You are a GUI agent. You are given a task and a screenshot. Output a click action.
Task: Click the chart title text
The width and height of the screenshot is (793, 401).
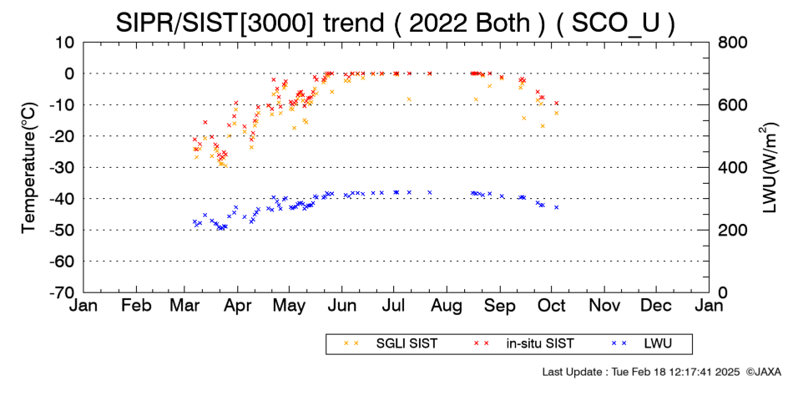[396, 23]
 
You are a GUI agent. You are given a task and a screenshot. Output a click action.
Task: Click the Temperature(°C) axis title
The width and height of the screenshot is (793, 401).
[29, 168]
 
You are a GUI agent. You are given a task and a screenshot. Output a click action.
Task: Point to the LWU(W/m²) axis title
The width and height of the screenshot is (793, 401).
[770, 168]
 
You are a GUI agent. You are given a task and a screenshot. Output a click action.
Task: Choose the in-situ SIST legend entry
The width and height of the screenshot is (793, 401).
[524, 343]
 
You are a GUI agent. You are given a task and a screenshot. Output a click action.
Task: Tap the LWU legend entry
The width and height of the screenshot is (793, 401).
[642, 343]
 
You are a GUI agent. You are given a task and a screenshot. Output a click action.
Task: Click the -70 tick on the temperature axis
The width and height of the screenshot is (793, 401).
[61, 292]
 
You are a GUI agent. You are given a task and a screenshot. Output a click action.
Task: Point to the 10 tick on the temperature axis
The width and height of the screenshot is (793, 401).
[65, 42]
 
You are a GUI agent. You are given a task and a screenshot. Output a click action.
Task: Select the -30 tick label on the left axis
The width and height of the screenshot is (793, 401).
[61, 168]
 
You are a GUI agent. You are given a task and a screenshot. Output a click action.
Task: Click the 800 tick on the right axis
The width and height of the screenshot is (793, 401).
[732, 42]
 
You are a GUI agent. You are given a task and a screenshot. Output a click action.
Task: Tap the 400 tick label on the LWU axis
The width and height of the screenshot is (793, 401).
[732, 168]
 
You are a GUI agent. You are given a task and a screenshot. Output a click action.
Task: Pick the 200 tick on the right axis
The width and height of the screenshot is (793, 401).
[732, 230]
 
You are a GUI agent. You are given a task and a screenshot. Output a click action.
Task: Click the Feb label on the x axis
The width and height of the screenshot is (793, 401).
[137, 306]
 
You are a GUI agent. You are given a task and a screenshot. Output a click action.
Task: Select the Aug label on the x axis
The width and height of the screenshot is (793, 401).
[447, 306]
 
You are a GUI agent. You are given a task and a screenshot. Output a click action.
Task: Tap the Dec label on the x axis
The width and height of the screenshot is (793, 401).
[656, 306]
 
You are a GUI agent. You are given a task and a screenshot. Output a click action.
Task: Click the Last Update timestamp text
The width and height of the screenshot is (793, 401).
[641, 372]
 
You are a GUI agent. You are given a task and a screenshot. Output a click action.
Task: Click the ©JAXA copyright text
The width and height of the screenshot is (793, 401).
[764, 372]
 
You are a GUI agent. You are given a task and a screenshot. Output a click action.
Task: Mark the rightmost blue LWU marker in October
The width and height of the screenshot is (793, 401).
[556, 207]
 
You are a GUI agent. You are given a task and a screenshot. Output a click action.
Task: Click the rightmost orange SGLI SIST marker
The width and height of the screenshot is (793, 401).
[556, 113]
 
